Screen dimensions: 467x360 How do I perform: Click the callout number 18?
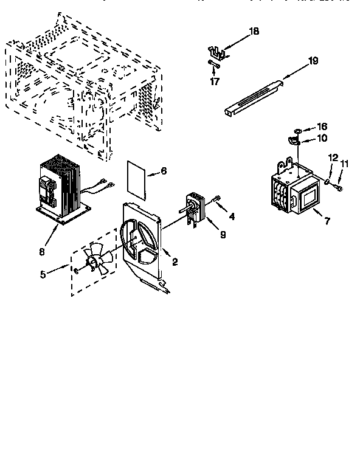click(x=254, y=32)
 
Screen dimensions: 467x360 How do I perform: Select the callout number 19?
click(x=313, y=60)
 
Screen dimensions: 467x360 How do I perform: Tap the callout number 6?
click(x=164, y=171)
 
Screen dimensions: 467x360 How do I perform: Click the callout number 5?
click(x=43, y=274)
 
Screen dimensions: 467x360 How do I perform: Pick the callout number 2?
click(x=175, y=262)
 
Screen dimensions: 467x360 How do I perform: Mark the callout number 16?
click(x=322, y=126)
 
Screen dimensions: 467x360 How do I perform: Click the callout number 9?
click(x=223, y=234)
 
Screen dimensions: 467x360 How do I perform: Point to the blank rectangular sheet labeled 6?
click(x=137, y=179)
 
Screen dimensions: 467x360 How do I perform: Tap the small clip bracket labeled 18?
click(x=218, y=52)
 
